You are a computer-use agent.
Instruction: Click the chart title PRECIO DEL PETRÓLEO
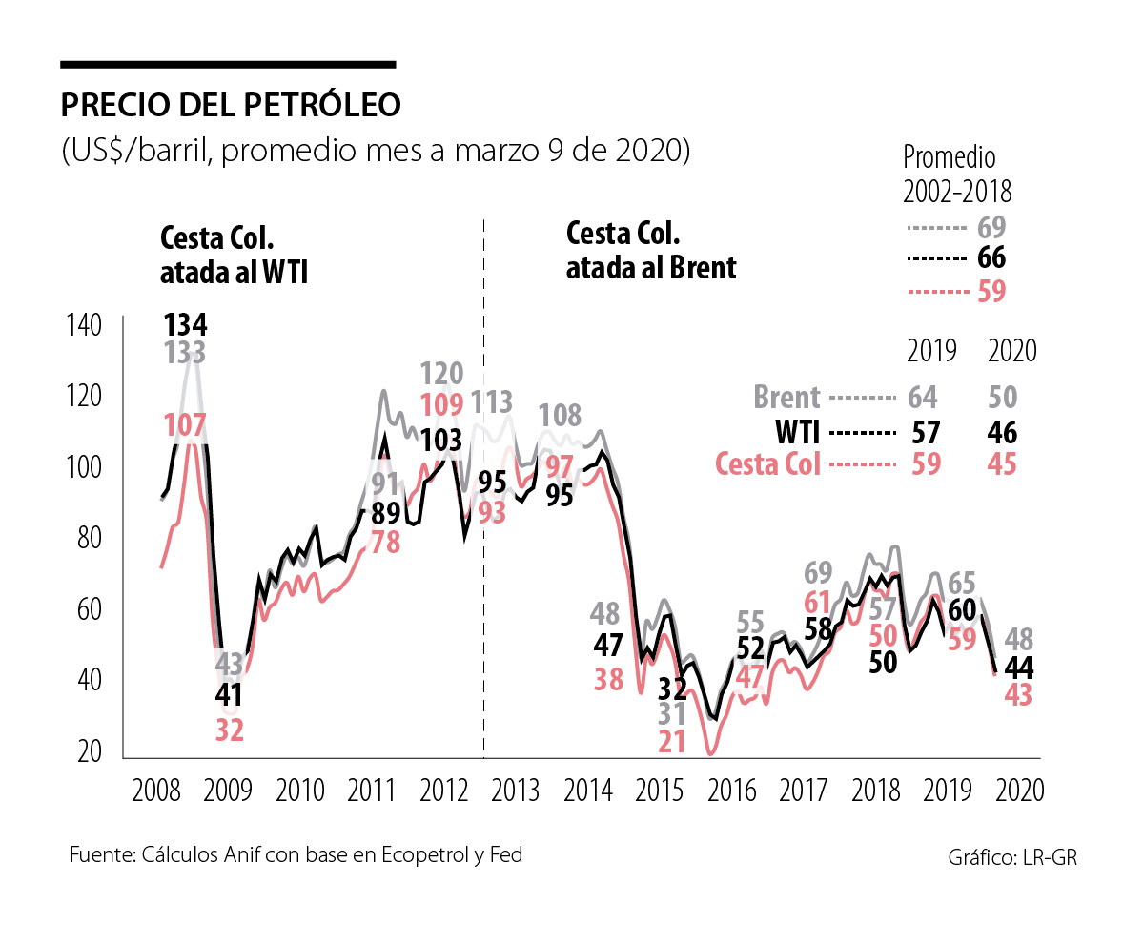[x=231, y=105]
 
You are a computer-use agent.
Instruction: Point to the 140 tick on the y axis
[x=84, y=325]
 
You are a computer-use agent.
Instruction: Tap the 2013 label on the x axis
[x=516, y=790]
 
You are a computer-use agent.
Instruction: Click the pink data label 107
[x=185, y=424]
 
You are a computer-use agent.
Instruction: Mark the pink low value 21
[x=672, y=741]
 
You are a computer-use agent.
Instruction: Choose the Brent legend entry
[x=788, y=398]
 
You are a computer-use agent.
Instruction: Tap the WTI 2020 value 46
[x=1002, y=434]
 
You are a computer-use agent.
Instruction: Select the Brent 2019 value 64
[x=924, y=398]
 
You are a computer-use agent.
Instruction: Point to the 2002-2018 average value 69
[x=992, y=228]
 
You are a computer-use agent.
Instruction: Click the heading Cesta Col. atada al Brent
[x=651, y=250]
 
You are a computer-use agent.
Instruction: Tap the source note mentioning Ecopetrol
[x=296, y=854]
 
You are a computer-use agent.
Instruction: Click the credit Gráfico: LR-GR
[x=1012, y=857]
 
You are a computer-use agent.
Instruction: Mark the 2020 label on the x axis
[x=1019, y=790]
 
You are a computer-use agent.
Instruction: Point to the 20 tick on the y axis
[x=90, y=752]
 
